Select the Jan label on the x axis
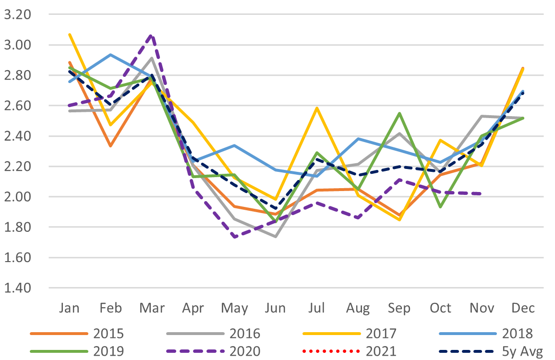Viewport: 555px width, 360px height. [69, 307]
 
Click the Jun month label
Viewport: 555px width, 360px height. [276, 308]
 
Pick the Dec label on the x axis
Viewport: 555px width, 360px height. [523, 307]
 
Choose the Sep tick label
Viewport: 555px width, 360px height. [399, 308]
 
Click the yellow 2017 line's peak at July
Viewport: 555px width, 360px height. [317, 108]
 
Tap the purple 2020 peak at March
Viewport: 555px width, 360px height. [152, 35]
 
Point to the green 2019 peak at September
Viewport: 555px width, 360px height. [399, 113]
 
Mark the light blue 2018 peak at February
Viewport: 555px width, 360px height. [110, 55]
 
